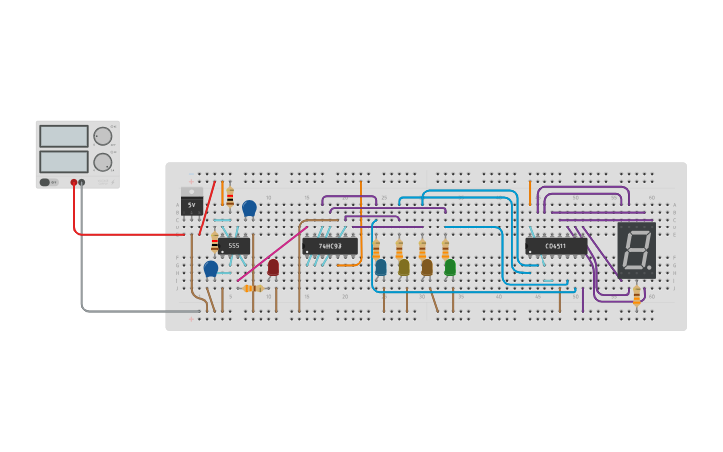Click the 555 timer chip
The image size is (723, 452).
point(234,245)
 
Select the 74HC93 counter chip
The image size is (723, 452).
point(330,245)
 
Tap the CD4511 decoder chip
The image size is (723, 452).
point(555,245)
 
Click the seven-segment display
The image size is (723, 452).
point(636,249)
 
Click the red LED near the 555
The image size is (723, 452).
point(273,266)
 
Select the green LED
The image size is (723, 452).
point(450,267)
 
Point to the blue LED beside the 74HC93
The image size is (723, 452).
point(380,267)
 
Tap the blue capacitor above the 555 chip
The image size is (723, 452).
point(249,208)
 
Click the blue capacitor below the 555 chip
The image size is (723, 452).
point(211,268)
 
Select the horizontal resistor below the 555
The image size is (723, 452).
point(254,289)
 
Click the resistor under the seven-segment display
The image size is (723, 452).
point(637,294)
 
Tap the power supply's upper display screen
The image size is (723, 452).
point(64,136)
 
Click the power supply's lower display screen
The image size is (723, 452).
point(64,161)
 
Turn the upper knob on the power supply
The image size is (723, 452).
point(103,136)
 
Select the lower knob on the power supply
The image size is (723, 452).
point(103,162)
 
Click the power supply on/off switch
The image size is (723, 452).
point(45,182)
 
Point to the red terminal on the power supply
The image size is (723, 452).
point(73,183)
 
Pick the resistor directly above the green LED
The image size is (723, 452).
point(445,249)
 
